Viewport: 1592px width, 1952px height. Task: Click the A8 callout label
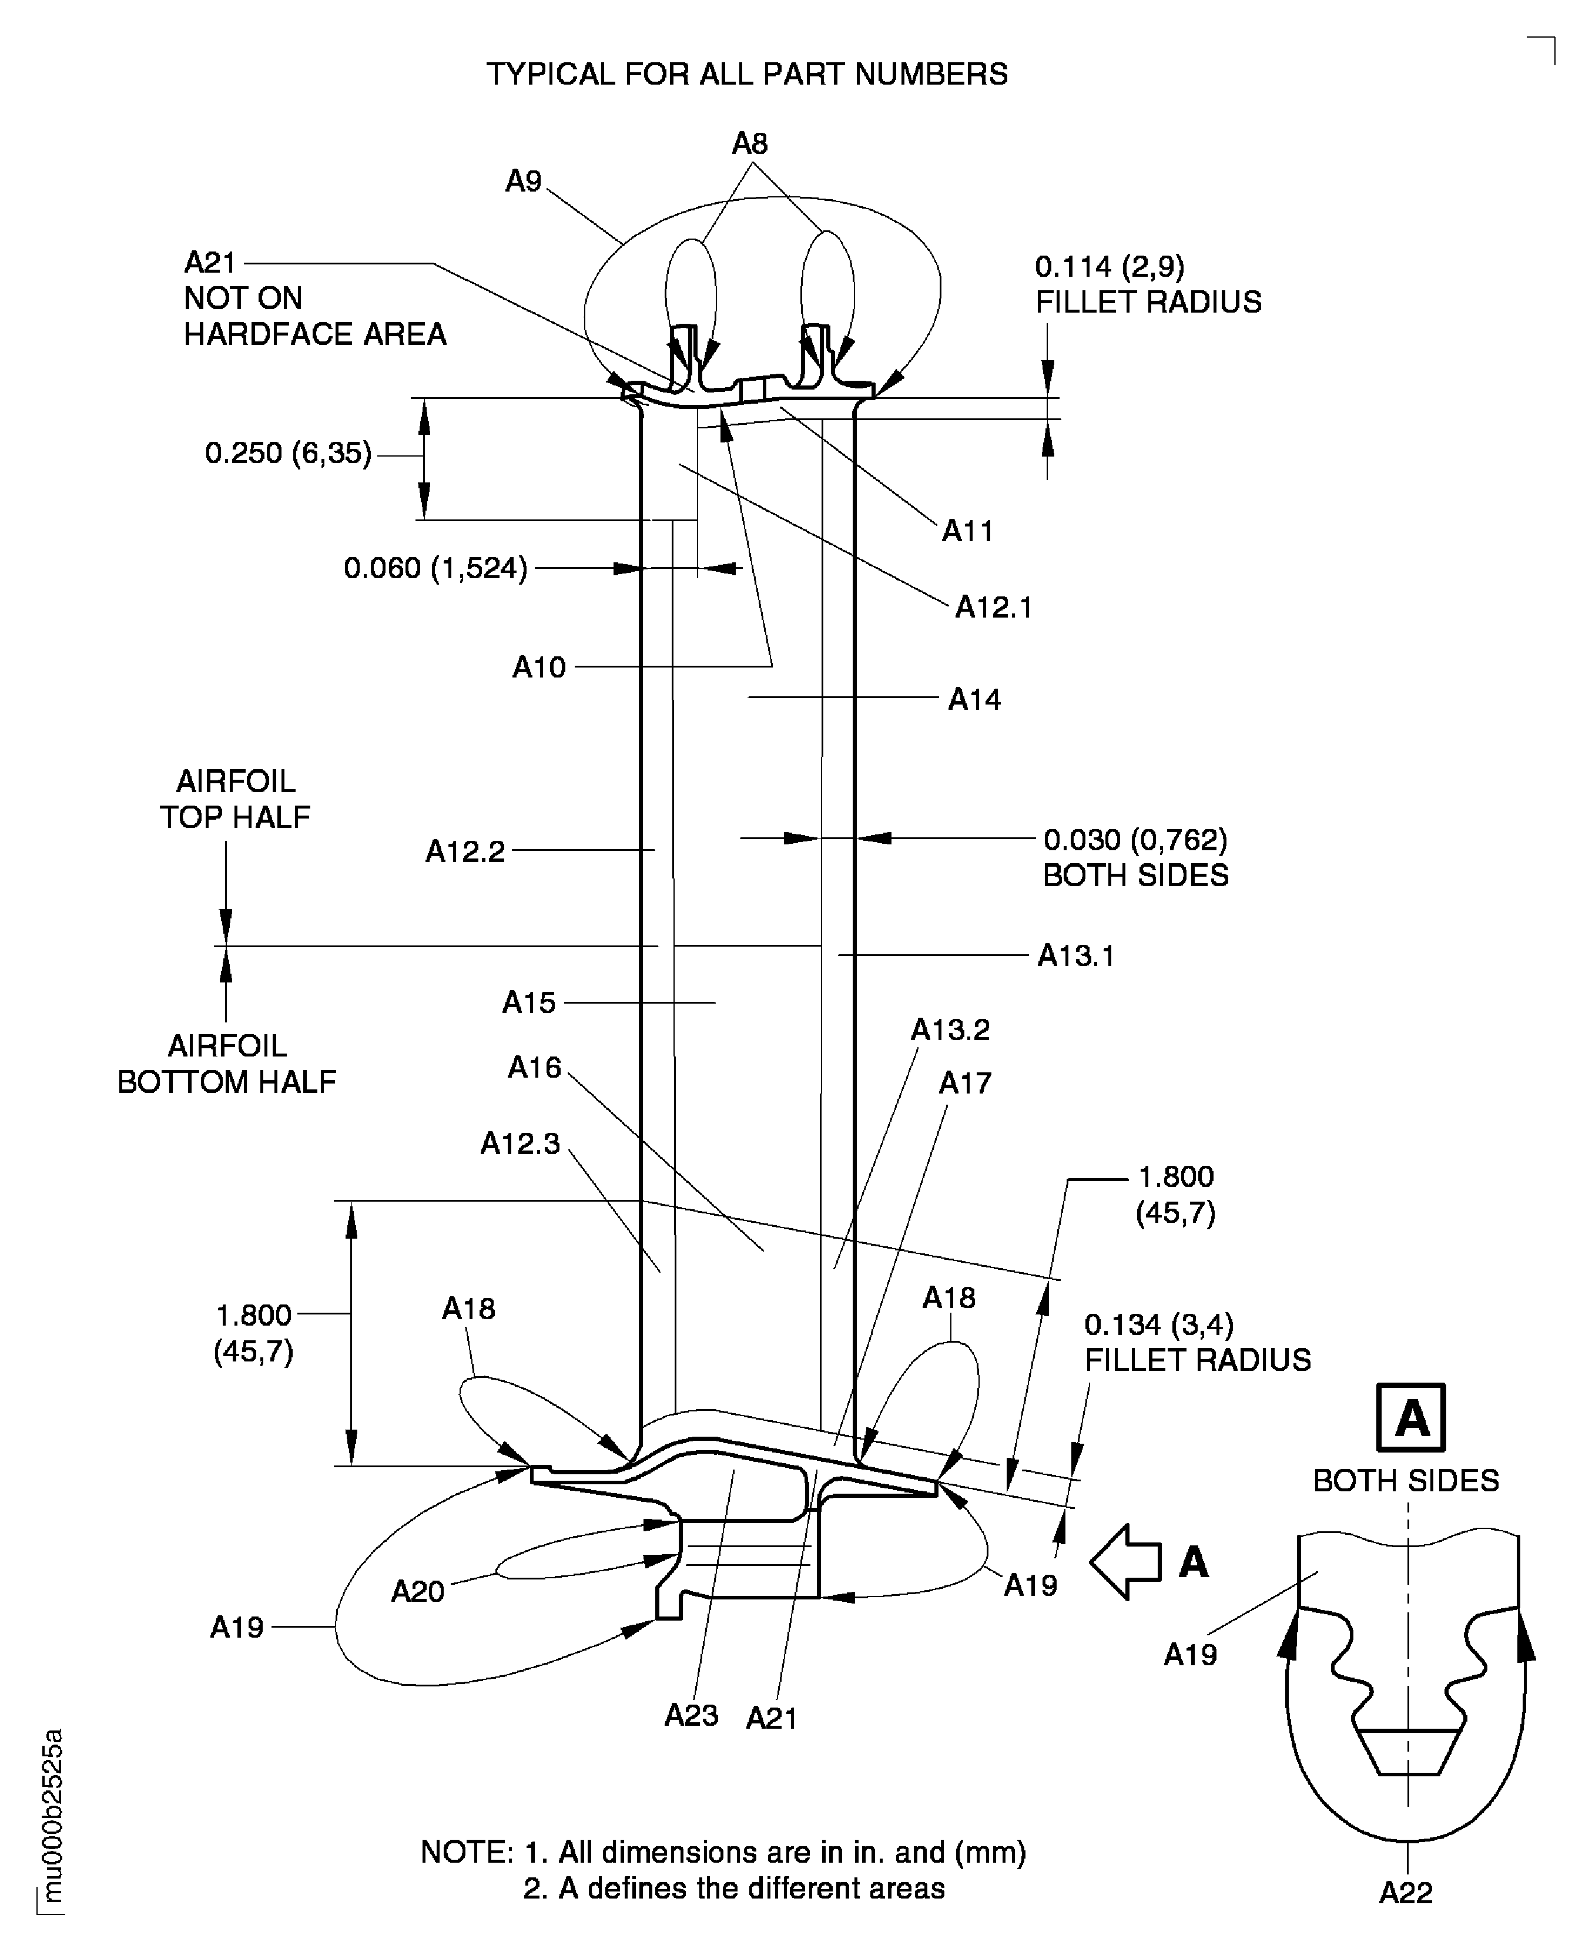click(749, 144)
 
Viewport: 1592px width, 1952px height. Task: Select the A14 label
click(974, 700)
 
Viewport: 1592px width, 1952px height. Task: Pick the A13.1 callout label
click(1075, 955)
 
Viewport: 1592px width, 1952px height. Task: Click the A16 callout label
click(535, 1067)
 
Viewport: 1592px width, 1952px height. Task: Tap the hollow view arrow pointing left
click(1126, 1561)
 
